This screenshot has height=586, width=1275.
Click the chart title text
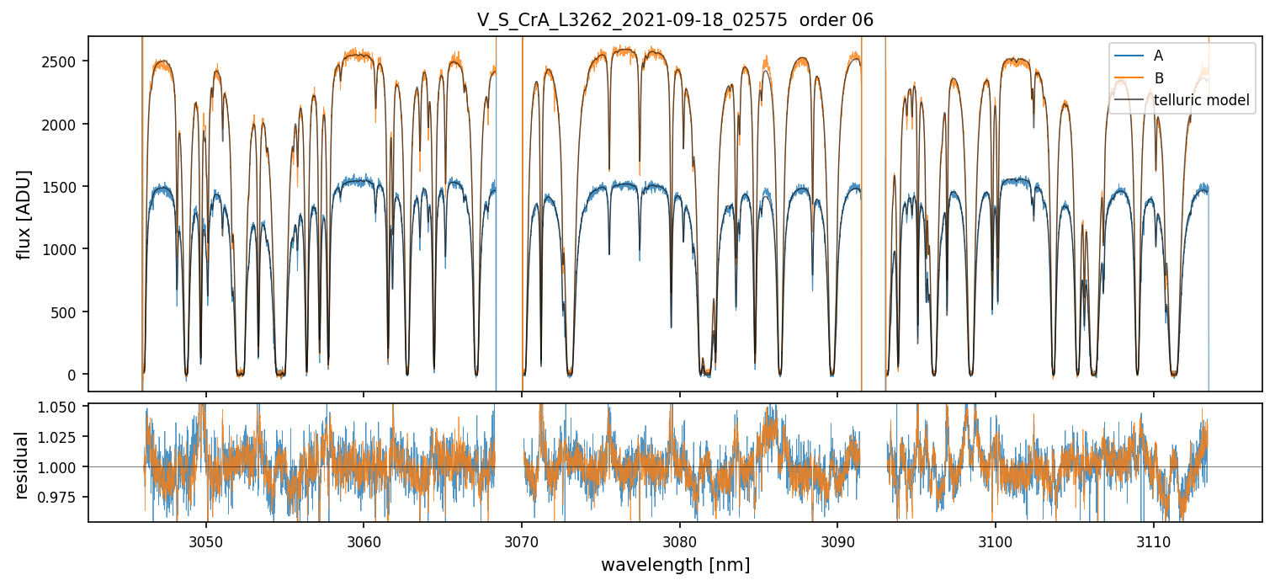coord(675,20)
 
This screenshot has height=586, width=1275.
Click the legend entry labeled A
coord(1158,56)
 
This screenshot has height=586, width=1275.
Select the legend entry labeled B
coord(1158,78)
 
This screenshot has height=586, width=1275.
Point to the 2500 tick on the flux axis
coord(64,61)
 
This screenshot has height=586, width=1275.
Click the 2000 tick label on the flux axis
coord(64,125)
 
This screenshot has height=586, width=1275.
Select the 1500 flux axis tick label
coord(64,187)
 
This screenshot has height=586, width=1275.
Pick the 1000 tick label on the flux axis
coord(64,249)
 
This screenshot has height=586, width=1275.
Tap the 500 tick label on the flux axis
coord(67,312)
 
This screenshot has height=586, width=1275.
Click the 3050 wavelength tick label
coord(206,538)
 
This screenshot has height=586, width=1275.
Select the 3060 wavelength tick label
coord(364,538)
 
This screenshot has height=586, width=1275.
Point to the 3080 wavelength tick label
coord(679,538)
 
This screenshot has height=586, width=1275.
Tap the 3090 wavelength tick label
coord(837,538)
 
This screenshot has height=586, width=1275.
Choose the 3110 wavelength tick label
coord(1153,538)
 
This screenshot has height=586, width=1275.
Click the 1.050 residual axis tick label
coord(61,407)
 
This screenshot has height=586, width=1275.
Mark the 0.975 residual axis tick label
coord(61,497)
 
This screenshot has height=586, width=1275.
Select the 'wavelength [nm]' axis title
coord(675,564)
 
